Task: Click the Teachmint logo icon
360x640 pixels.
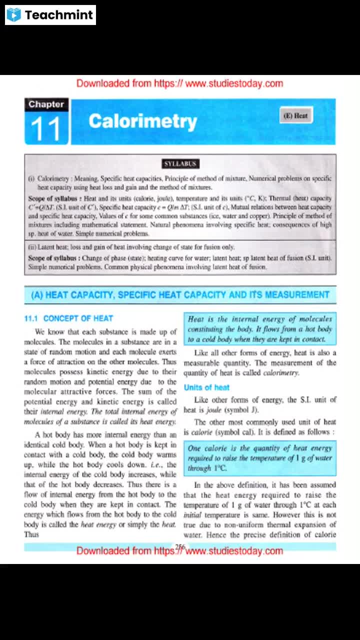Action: click(14, 15)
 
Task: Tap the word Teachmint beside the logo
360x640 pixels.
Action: click(58, 15)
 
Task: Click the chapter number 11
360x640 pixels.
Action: click(45, 128)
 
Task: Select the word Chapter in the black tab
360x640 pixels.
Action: click(46, 104)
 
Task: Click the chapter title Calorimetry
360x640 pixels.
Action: click(143, 121)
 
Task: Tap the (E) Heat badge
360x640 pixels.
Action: click(295, 116)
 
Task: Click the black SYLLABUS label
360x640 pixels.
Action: click(180, 164)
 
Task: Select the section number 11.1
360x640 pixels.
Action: click(31, 318)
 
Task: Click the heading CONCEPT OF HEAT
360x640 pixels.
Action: click(78, 318)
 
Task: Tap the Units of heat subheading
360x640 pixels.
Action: click(206, 387)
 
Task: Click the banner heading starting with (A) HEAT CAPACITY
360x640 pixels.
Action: click(180, 295)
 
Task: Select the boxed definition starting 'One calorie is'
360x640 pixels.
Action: click(259, 458)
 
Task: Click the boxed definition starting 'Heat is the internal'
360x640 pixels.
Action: click(259, 329)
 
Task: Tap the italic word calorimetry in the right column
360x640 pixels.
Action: click(280, 372)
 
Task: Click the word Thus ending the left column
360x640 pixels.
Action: click(31, 534)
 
